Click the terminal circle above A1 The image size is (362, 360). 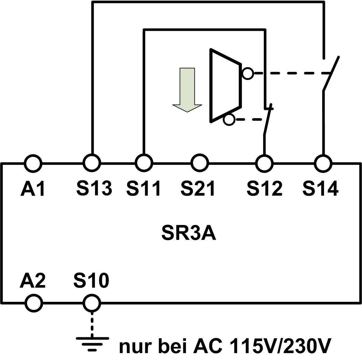pyautogui.click(x=33, y=163)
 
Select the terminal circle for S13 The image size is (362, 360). pyautogui.click(x=92, y=163)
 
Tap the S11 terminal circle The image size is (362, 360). pyautogui.click(x=144, y=163)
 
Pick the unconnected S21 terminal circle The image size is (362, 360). pyautogui.click(x=199, y=163)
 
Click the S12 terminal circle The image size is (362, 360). pyautogui.click(x=264, y=163)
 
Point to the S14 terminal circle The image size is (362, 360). pyautogui.click(x=323, y=163)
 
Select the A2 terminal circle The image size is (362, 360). pyautogui.click(x=34, y=302)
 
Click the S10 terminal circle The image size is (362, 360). pyautogui.click(x=92, y=302)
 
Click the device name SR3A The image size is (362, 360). pyautogui.click(x=189, y=234)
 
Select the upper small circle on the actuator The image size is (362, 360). pyautogui.click(x=248, y=73)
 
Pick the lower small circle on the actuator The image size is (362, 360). pyautogui.click(x=229, y=119)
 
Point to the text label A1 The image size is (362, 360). pyautogui.click(x=33, y=189)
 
